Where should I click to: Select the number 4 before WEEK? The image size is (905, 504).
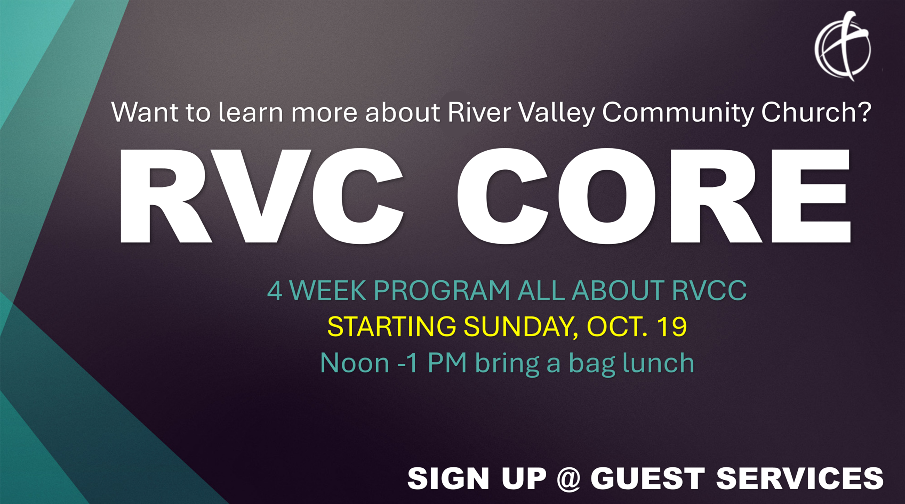(274, 291)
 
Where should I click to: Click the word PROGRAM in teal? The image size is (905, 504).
(442, 291)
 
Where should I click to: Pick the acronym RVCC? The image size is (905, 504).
(709, 291)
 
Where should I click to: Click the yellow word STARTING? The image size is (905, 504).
(392, 327)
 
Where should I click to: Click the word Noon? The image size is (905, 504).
(355, 363)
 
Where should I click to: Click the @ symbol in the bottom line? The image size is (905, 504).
(568, 479)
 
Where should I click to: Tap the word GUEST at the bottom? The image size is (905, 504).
(648, 478)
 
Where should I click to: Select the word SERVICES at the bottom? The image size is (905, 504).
(800, 478)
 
